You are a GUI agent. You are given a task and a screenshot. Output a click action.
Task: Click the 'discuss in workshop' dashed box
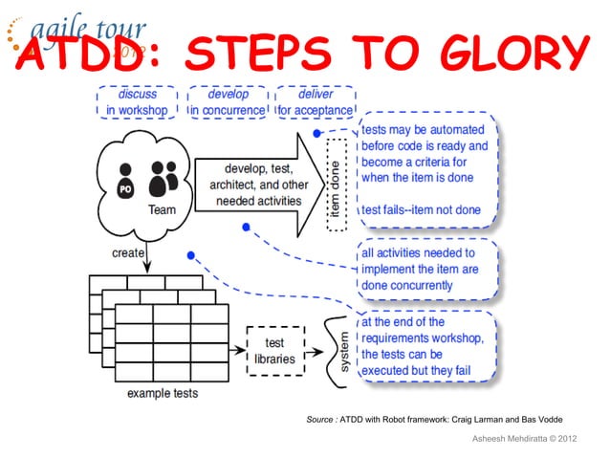pos(137,102)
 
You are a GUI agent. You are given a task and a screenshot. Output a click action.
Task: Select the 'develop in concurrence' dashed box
pos(227,102)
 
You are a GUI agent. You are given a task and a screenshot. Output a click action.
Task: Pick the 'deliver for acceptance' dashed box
pos(315,102)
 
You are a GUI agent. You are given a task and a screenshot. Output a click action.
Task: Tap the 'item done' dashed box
pos(337,182)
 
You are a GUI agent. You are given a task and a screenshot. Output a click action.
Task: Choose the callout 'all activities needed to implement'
pos(426,270)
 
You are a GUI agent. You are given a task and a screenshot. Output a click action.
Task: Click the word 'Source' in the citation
pos(313,419)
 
